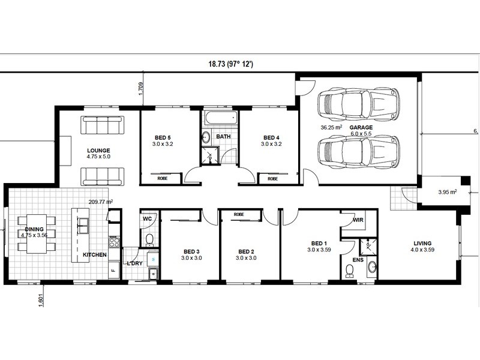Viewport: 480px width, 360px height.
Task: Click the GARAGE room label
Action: click(x=361, y=128)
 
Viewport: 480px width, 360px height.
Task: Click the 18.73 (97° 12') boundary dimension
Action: click(x=230, y=64)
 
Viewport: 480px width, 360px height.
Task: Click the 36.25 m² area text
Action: click(x=331, y=128)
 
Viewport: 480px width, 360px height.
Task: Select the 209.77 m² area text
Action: click(x=101, y=202)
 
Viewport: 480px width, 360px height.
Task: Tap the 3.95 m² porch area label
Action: click(x=448, y=193)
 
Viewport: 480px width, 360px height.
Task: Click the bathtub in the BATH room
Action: click(x=220, y=118)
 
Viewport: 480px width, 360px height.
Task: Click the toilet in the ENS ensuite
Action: click(x=350, y=272)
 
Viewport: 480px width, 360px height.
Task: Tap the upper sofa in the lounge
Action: click(x=102, y=125)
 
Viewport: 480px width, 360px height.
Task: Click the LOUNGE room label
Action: click(x=98, y=150)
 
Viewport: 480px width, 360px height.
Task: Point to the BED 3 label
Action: click(x=191, y=251)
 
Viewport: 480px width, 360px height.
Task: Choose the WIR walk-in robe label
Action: click(x=358, y=220)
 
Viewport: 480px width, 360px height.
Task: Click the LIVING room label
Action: click(x=422, y=243)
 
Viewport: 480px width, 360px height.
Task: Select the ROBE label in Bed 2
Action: click(x=239, y=214)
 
